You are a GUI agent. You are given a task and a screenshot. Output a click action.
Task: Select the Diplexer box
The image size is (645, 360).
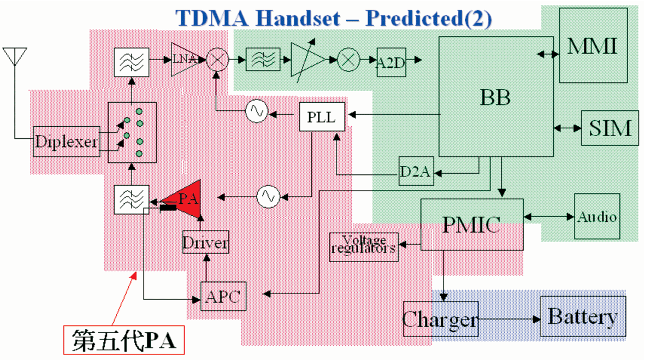(x=67, y=141)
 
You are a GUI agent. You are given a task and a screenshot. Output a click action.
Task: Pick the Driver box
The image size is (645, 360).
(x=206, y=242)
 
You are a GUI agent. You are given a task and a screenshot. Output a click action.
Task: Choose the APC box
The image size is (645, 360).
(x=223, y=296)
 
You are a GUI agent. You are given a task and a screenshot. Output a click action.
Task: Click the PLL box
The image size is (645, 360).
(x=322, y=117)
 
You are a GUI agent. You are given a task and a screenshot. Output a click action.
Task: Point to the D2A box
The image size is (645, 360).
(x=416, y=171)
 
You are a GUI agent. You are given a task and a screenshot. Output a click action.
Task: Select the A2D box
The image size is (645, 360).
(x=391, y=62)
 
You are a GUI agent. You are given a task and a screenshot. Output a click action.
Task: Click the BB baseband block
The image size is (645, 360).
(x=496, y=97)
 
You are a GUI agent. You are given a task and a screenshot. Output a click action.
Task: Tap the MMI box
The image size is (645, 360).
(x=593, y=45)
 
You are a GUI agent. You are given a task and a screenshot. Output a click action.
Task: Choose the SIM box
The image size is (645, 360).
(x=610, y=128)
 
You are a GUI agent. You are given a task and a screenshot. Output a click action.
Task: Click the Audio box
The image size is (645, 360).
(x=597, y=216)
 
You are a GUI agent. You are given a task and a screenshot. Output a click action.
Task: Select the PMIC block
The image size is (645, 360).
(x=472, y=225)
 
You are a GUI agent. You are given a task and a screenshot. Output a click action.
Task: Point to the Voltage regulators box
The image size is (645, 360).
(x=364, y=247)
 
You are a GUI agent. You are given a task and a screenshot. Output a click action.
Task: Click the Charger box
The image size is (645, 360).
(x=441, y=319)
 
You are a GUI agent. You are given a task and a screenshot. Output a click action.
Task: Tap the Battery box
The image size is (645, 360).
(x=583, y=316)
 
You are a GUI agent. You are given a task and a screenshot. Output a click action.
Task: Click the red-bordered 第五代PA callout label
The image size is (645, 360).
(x=124, y=340)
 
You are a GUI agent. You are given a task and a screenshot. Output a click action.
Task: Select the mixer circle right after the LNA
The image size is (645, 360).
(x=217, y=60)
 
